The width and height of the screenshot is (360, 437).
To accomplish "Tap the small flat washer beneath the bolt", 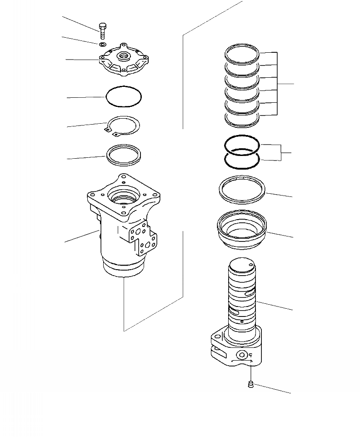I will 102,44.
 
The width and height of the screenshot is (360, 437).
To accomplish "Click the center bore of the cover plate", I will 124,56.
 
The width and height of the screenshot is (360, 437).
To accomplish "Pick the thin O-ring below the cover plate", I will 123,97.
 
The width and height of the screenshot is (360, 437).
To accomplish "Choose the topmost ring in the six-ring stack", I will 242,54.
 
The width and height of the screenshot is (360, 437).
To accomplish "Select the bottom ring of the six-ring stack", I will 242,118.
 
